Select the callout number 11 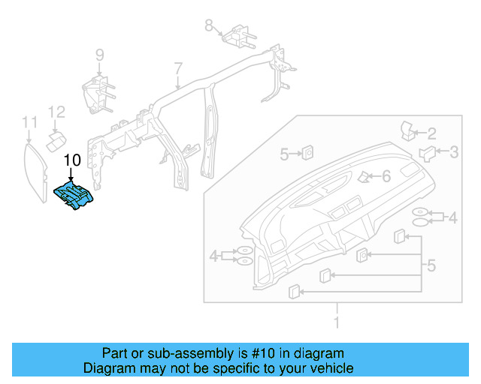tap(29, 122)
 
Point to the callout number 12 tap(57, 112)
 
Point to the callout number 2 tap(432, 134)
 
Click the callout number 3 tap(454, 152)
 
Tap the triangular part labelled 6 tap(364, 177)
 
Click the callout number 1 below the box tap(337, 323)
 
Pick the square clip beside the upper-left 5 tap(307, 154)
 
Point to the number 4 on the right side tap(452, 218)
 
